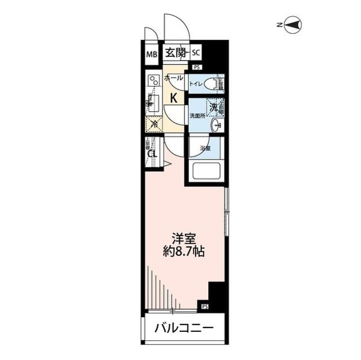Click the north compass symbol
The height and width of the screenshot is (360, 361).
click(292, 25)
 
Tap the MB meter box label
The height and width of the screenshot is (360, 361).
click(151, 55)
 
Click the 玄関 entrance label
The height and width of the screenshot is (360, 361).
click(175, 54)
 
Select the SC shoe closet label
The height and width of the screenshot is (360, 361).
click(196, 54)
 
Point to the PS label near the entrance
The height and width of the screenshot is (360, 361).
click(196, 68)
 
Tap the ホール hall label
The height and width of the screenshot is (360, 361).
click(173, 79)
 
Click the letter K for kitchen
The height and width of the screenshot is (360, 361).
click(174, 97)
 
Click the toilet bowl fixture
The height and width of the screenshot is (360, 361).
click(211, 85)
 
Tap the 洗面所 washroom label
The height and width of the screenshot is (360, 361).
click(197, 116)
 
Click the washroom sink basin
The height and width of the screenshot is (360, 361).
click(215, 125)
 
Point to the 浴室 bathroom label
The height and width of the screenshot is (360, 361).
click(205, 148)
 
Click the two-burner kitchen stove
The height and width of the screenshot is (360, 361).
click(153, 82)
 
